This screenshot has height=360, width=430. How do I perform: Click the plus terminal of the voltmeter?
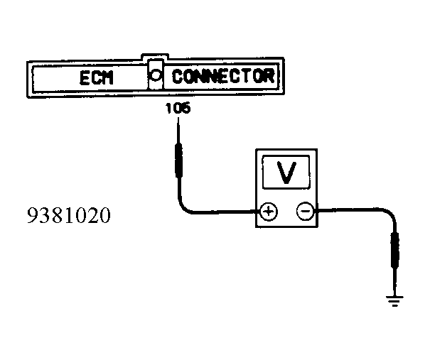(267, 211)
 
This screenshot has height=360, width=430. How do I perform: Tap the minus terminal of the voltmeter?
(304, 211)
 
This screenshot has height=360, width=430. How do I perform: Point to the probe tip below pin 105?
(180, 128)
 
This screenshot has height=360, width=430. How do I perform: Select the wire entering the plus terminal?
(227, 211)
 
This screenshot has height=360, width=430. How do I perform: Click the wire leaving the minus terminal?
(348, 210)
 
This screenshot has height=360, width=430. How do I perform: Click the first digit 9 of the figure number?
(33, 215)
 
